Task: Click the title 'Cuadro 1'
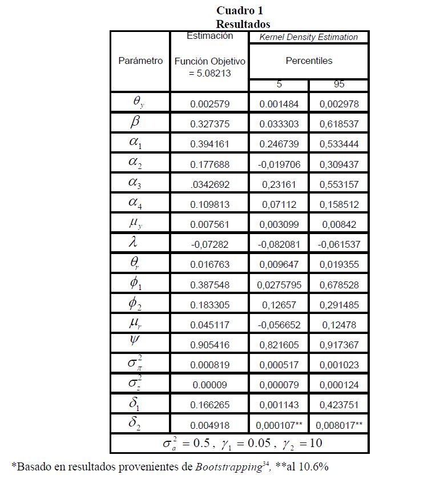[x=240, y=10]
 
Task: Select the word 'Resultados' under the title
[x=243, y=24]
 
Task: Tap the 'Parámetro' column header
[x=140, y=61]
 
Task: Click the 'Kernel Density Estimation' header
[x=309, y=37]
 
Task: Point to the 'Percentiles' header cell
[x=309, y=61]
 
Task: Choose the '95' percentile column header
[x=339, y=84]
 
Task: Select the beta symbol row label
[x=135, y=122]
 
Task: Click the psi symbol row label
[x=135, y=341]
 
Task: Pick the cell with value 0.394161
[x=209, y=144]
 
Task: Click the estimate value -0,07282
[x=209, y=244]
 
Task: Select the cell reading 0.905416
[x=209, y=345]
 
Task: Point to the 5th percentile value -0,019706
[x=279, y=164]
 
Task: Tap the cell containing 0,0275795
[x=279, y=284]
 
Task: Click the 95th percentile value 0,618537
[x=339, y=124]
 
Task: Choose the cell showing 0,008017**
[x=339, y=425]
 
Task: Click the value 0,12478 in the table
[x=339, y=325]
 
